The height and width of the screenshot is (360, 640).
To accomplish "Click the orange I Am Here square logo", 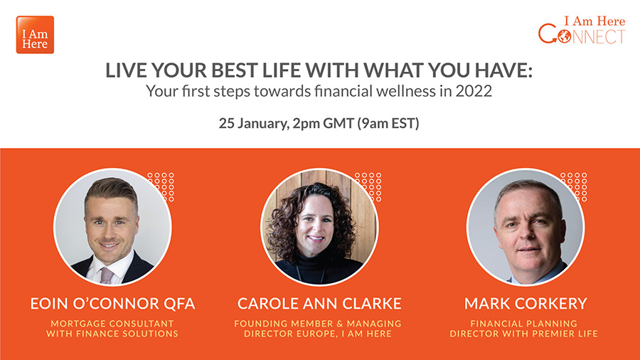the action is [35, 35].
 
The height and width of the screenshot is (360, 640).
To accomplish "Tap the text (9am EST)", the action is [388, 123].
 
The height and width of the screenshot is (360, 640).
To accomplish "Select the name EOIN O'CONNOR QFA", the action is [112, 304].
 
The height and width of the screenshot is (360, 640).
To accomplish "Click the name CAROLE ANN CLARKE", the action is [319, 304].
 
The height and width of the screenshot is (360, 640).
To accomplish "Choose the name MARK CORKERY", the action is [526, 304].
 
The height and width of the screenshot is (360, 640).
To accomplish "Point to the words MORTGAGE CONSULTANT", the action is [112, 324].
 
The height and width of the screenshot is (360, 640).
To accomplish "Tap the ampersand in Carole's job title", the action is [340, 324].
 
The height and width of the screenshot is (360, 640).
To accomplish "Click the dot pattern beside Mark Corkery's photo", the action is [573, 186].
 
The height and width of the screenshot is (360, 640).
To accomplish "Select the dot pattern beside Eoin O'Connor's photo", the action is [161, 186].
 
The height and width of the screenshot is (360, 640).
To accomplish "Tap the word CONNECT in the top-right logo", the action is [582, 35].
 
